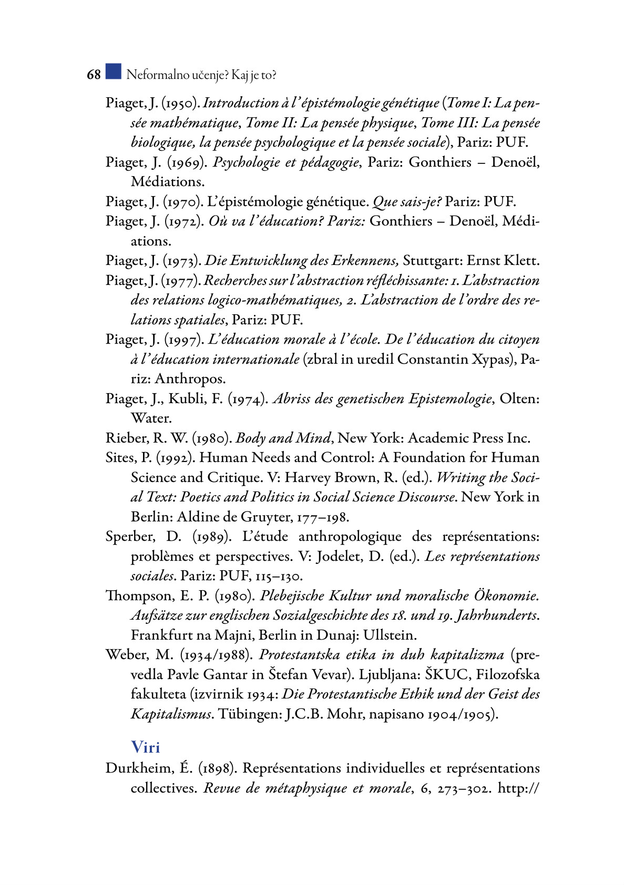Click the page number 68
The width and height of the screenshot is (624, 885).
(94, 75)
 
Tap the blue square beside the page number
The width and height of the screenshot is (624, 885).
(113, 71)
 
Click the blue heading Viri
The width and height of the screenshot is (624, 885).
(145, 747)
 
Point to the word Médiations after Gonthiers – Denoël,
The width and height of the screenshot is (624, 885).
(167, 182)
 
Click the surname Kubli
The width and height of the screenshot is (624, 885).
(186, 399)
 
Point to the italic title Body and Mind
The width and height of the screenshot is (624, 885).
(283, 438)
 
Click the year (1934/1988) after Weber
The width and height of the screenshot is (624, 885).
(217, 655)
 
